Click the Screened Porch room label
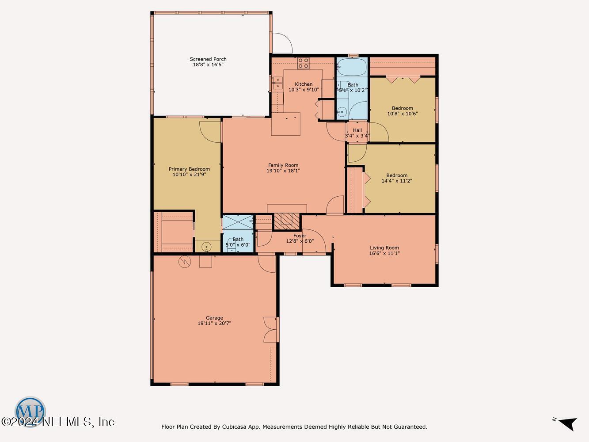click(208, 59)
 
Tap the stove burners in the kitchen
click(303, 63)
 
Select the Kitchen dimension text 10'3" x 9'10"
click(304, 90)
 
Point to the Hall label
click(357, 130)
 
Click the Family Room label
click(283, 165)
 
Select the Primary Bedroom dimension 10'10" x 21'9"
click(189, 175)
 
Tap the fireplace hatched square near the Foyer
click(287, 221)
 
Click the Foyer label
click(300, 236)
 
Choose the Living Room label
click(384, 248)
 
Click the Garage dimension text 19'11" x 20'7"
click(214, 324)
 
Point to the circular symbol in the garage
click(184, 262)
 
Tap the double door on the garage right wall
click(270, 330)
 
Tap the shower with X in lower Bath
click(238, 220)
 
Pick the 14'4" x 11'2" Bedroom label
click(397, 175)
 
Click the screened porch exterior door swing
click(282, 44)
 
